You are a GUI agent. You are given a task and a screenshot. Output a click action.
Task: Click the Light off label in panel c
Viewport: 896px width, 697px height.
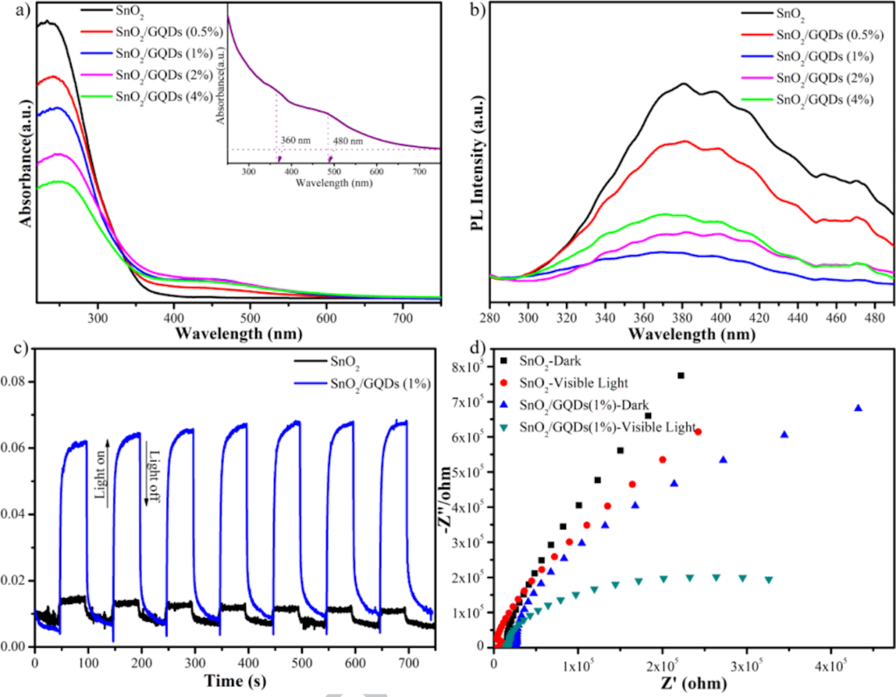coord(152,481)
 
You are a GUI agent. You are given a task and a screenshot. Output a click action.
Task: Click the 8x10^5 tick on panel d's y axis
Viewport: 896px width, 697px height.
coord(469,367)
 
